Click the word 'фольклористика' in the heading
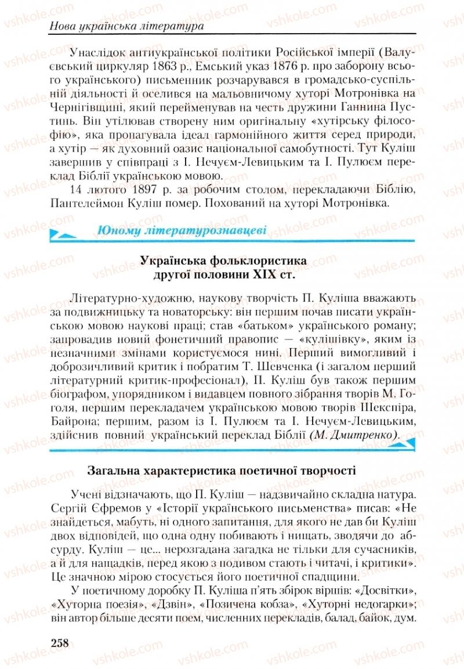pyautogui.click(x=262, y=262)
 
